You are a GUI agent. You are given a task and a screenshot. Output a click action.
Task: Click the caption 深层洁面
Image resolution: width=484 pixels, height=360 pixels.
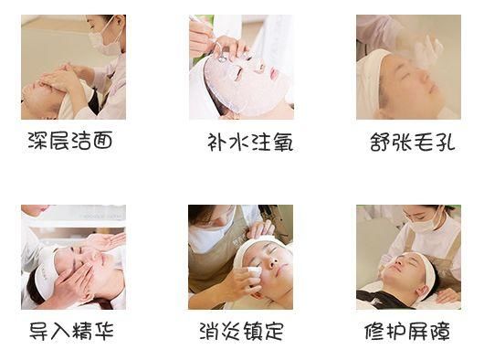point(71,143)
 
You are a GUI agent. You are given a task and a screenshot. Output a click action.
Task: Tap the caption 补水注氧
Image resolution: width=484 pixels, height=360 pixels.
point(248,143)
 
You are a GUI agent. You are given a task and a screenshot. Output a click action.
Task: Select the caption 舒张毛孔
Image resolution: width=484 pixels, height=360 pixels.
point(412,143)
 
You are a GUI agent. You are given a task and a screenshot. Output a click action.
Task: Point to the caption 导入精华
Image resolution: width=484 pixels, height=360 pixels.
point(71,330)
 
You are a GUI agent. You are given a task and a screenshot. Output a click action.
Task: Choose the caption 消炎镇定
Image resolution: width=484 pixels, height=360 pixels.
point(241,330)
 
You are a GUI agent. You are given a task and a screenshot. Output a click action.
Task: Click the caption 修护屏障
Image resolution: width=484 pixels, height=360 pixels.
point(409,330)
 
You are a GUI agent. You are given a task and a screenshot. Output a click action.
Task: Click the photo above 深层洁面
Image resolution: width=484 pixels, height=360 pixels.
point(73,67)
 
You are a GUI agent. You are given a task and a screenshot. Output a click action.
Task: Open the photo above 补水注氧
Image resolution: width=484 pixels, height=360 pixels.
point(240,67)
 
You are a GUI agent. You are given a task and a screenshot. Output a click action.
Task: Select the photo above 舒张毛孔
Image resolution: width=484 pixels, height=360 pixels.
point(408,67)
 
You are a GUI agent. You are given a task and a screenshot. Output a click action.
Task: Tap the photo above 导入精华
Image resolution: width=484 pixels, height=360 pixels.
point(73,257)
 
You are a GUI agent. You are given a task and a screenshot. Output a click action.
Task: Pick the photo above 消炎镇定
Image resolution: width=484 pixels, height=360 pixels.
point(240,257)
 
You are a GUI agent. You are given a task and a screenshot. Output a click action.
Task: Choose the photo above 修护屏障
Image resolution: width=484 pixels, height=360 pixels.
point(408,257)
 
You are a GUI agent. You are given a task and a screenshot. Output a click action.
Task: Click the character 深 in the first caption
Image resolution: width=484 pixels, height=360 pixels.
point(39,143)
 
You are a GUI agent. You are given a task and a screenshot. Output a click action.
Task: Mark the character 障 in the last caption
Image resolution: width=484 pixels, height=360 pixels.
point(439,330)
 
